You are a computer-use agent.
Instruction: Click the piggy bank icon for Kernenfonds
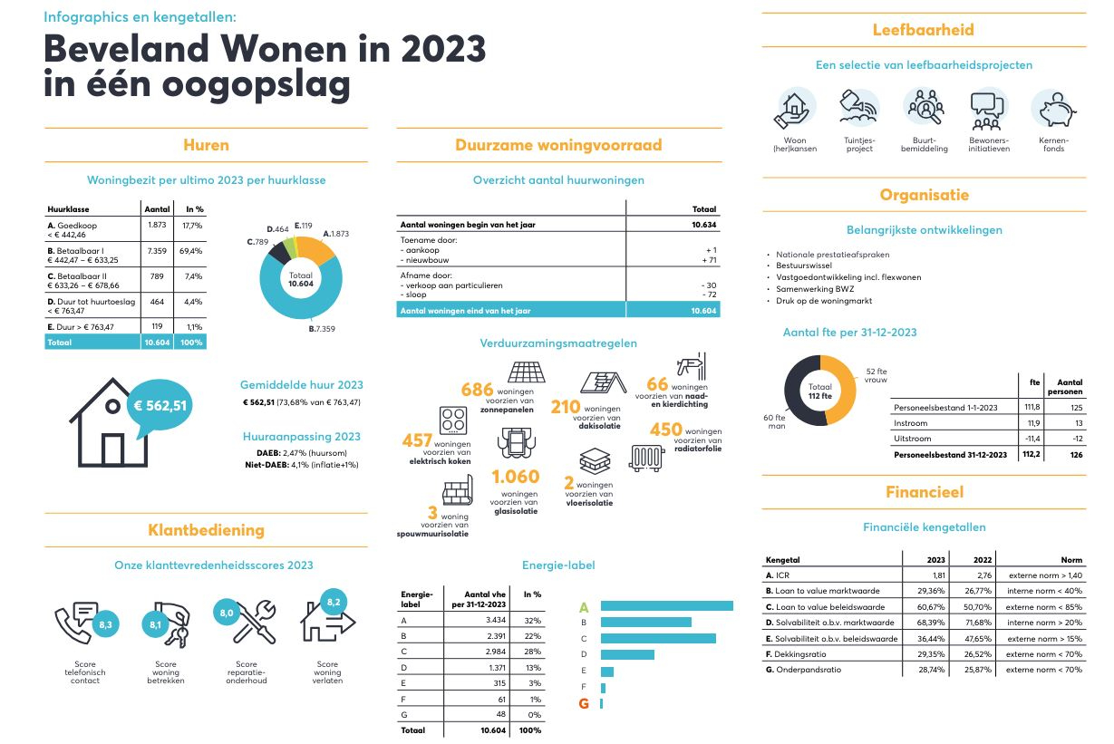click(1052, 110)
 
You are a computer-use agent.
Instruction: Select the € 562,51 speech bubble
click(161, 405)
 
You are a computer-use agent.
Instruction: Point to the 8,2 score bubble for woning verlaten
click(333, 602)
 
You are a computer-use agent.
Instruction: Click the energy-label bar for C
click(657, 638)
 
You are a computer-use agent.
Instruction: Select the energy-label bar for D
click(626, 654)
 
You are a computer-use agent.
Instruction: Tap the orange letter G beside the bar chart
click(584, 703)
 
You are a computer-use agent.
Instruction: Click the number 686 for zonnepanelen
click(477, 390)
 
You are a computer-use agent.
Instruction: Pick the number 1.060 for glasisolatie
click(515, 477)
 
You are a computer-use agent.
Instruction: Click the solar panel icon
click(526, 374)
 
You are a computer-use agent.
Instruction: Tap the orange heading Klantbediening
click(206, 530)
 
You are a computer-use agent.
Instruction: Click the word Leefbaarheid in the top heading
click(923, 30)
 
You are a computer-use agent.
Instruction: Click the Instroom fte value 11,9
click(1031, 423)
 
